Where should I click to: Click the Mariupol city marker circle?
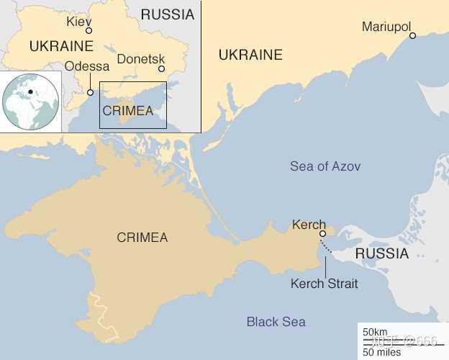(413, 35)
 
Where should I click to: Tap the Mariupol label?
(386, 27)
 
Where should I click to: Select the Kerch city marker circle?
(323, 233)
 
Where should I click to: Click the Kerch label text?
(309, 225)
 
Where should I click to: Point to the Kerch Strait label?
(324, 284)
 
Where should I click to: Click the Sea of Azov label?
(325, 166)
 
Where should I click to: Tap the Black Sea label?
(276, 322)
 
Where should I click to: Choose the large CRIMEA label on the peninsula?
(142, 238)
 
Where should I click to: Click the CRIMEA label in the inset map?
(128, 111)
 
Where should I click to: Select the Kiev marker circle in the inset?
(89, 31)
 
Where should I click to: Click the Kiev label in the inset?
(79, 21)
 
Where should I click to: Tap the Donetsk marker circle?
(161, 69)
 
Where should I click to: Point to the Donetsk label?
(140, 59)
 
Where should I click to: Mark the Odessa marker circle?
(90, 92)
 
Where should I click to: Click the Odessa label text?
(87, 67)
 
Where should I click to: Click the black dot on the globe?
(31, 91)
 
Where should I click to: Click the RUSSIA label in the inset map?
(167, 14)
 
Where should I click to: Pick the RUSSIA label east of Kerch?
(381, 253)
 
